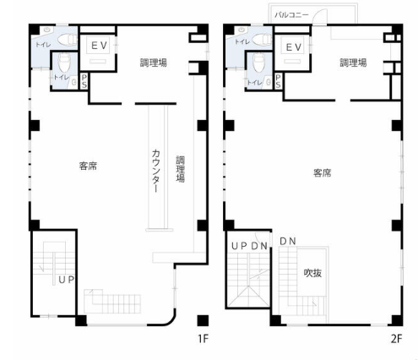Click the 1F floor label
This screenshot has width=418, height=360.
pyautogui.click(x=203, y=338)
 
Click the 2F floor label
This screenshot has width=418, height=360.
pyautogui.click(x=396, y=338)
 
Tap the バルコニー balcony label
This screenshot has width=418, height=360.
pyautogui.click(x=291, y=14)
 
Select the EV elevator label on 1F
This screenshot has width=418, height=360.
pyautogui.click(x=99, y=46)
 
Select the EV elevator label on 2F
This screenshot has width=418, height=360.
pyautogui.click(x=294, y=47)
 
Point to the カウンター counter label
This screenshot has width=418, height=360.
pyautogui.click(x=156, y=171)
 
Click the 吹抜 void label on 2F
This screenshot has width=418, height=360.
pyautogui.click(x=312, y=273)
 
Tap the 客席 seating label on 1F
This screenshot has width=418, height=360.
pyautogui.click(x=88, y=166)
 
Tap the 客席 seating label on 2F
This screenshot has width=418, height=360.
pyautogui.click(x=322, y=172)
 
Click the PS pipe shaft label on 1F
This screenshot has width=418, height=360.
pyautogui.click(x=84, y=81)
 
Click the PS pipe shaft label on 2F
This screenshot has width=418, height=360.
pyautogui.click(x=278, y=81)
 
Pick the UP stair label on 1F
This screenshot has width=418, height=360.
pyautogui.click(x=67, y=280)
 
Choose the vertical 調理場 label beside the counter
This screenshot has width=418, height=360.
pyautogui.click(x=181, y=169)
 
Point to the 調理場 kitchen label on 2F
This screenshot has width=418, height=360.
pyautogui.click(x=353, y=63)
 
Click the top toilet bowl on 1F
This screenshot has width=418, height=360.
pyautogui.click(x=68, y=40)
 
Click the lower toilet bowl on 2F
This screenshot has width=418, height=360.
pyautogui.click(x=259, y=63)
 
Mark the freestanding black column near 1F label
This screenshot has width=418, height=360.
pyautogui.click(x=203, y=320)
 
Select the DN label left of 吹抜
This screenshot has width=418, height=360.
pyautogui.click(x=288, y=241)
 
